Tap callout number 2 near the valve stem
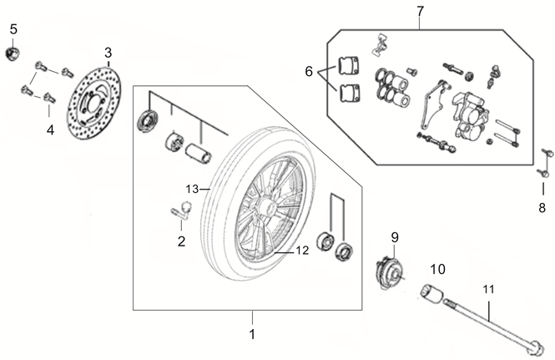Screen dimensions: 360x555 tap(181, 242)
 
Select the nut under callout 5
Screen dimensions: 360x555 tap(13, 54)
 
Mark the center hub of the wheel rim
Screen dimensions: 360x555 tap(269, 206)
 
